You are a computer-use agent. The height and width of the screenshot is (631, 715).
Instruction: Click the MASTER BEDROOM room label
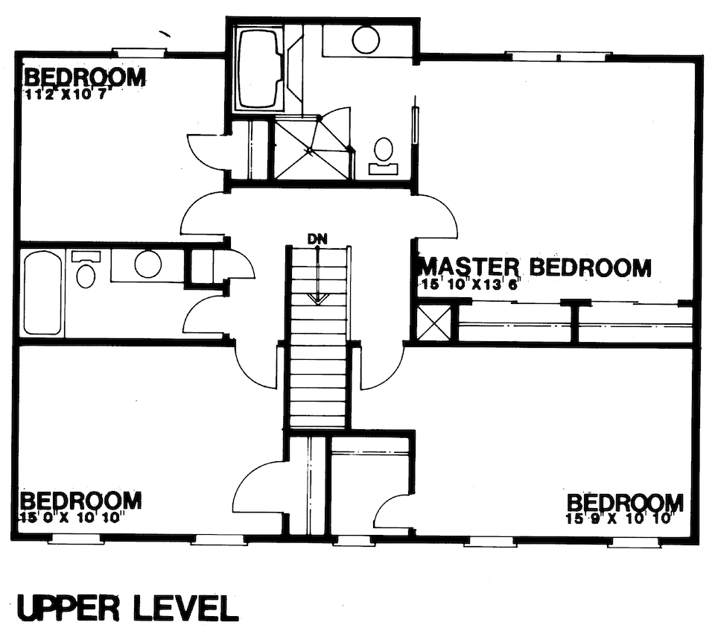click(535, 267)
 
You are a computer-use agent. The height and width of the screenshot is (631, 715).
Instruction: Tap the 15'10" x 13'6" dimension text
click(470, 284)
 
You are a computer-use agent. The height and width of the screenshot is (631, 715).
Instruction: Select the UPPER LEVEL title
click(127, 608)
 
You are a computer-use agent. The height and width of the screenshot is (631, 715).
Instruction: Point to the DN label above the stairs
click(317, 238)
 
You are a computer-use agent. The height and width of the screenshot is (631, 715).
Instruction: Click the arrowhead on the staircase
click(318, 299)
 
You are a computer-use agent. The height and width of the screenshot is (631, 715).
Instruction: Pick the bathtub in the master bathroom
click(258, 69)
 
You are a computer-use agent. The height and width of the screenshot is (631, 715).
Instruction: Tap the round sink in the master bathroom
click(366, 39)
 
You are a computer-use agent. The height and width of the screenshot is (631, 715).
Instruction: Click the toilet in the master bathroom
click(384, 153)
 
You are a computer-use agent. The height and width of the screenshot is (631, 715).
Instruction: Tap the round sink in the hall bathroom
click(148, 264)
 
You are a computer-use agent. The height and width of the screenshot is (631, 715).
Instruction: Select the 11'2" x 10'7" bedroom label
click(84, 78)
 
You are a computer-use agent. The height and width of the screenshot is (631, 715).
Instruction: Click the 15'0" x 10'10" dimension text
click(71, 514)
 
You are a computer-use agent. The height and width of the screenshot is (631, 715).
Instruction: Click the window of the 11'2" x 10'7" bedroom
click(138, 52)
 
